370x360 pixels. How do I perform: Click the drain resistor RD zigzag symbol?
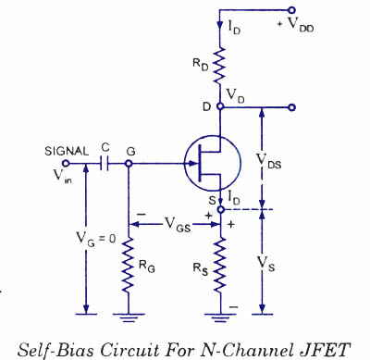tap(219, 66)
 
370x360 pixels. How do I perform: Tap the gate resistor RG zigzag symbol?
tap(129, 265)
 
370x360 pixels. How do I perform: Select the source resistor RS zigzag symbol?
tap(220, 265)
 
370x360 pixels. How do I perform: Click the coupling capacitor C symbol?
tap(105, 164)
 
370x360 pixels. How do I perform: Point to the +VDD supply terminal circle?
tap(291, 10)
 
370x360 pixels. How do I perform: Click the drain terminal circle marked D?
tap(220, 106)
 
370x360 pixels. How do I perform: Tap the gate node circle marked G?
tap(129, 164)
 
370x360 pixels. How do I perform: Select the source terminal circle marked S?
tap(220, 210)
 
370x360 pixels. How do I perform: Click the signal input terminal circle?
tap(66, 164)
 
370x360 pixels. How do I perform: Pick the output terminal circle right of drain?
tap(291, 107)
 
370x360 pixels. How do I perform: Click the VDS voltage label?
tap(269, 161)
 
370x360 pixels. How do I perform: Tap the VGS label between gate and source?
tap(178, 224)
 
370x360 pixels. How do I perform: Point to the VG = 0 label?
tap(96, 239)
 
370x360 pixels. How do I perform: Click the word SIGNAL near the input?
tap(67, 152)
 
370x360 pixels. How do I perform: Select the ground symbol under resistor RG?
tap(129, 317)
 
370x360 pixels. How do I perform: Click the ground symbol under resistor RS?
tap(220, 317)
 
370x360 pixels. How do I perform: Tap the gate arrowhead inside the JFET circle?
tap(193, 164)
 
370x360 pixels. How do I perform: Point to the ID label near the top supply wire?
tap(234, 28)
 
